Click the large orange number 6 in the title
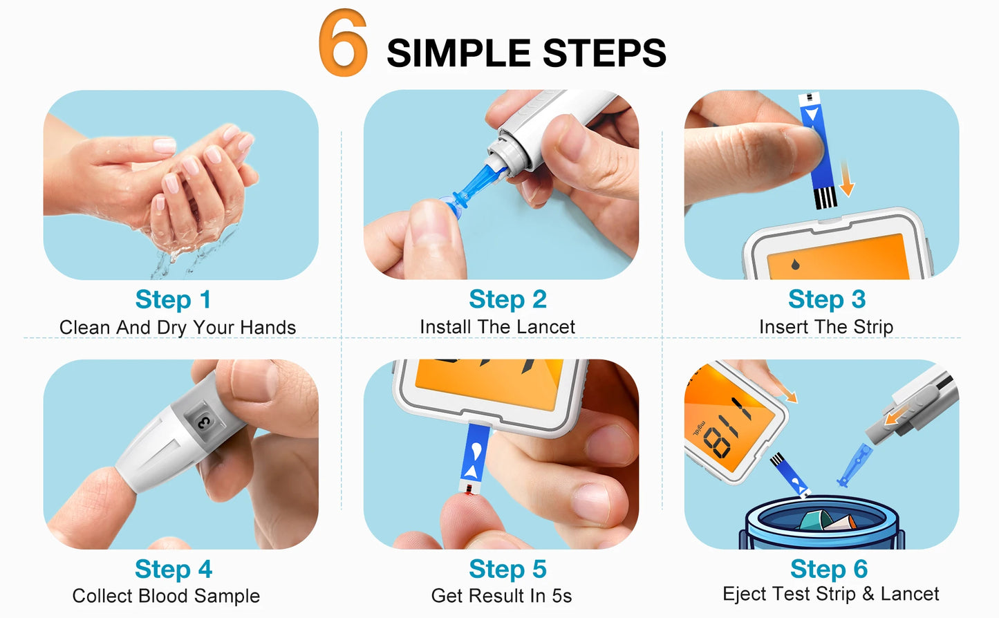(343, 43)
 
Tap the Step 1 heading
(173, 299)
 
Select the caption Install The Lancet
(497, 327)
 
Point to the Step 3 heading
(827, 299)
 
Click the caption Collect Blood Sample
(166, 596)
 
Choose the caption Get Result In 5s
(501, 596)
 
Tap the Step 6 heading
(829, 569)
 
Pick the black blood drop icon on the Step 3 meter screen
(795, 264)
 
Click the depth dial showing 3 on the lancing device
(204, 422)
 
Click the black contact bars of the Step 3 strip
(825, 198)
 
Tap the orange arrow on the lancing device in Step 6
(897, 415)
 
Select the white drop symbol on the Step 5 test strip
(476, 451)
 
